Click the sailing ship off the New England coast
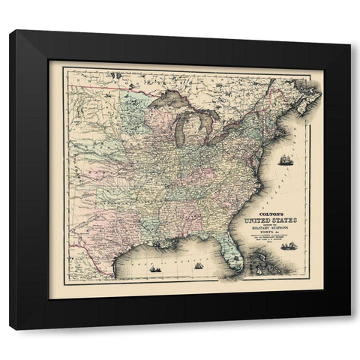coord(288,160)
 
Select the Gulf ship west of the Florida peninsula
coord(196,265)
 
